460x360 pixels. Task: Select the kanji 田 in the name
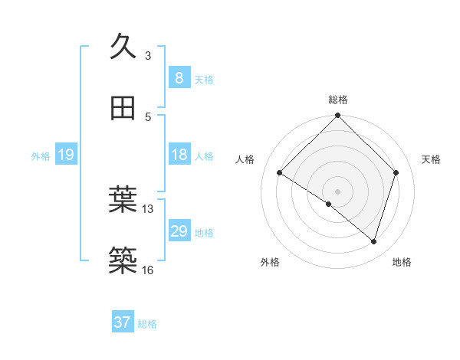pos(123,108)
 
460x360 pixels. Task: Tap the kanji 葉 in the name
pos(123,200)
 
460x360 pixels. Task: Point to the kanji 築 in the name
pos(123,260)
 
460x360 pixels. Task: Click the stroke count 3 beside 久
pos(148,55)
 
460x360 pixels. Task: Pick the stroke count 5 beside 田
pos(148,116)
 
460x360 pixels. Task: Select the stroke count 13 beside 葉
pos(148,208)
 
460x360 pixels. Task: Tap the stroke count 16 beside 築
pos(148,270)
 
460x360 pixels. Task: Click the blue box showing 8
pos(179,77)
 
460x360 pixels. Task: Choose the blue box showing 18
pos(179,155)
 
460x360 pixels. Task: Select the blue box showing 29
pos(179,231)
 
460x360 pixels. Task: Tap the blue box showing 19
pos(66,155)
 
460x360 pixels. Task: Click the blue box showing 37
pos(123,322)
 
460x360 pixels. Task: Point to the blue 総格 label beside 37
pos(148,324)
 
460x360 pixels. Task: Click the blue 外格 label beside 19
pos(41,156)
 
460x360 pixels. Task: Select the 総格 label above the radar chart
pos(338,100)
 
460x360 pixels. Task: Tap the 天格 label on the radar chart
pos(432,159)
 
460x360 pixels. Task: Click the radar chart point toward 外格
pos(329,204)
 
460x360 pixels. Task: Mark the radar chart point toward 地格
pos(373,241)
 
